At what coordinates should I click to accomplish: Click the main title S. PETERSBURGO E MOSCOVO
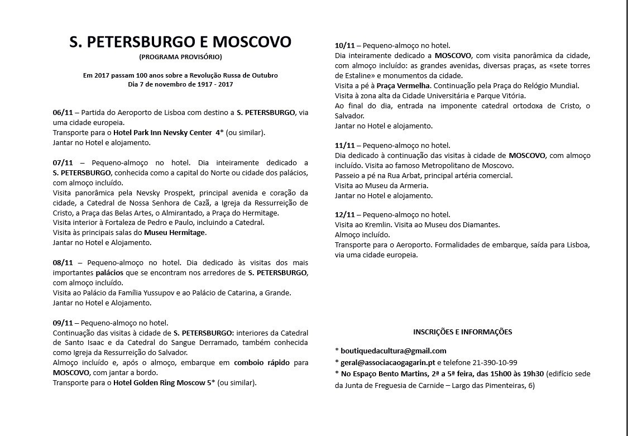[180, 42]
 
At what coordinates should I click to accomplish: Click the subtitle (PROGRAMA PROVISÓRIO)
[180, 57]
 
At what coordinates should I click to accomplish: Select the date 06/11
[63, 112]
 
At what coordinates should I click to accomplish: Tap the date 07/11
[63, 162]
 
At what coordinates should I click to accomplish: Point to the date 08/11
[63, 263]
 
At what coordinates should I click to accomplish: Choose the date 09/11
[63, 323]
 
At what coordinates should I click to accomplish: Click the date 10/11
[344, 46]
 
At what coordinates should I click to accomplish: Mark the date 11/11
[344, 146]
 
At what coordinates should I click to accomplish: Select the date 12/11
[344, 215]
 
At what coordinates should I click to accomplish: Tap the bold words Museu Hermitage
[175, 233]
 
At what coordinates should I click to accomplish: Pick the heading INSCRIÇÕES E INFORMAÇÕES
[462, 332]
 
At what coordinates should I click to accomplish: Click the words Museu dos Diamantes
[466, 225]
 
